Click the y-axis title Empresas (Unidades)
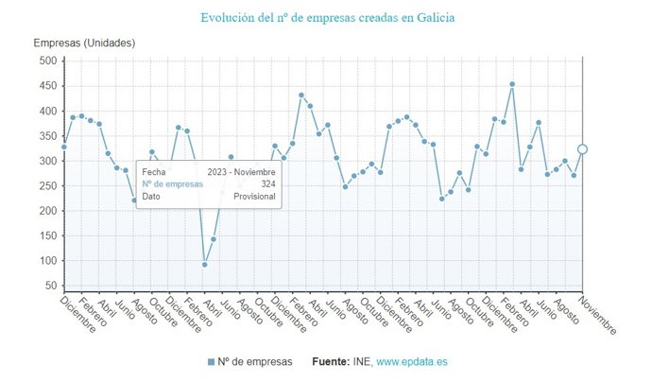click(84, 44)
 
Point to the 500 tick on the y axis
click(48, 61)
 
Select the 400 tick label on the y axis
click(48, 111)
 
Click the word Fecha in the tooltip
click(154, 172)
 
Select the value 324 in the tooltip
click(267, 184)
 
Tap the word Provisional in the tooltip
click(254, 197)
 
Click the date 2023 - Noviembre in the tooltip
click(241, 172)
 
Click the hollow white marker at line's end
click(582, 148)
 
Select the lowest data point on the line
click(204, 264)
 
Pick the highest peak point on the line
click(512, 84)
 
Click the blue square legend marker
click(210, 362)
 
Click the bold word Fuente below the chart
click(330, 362)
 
